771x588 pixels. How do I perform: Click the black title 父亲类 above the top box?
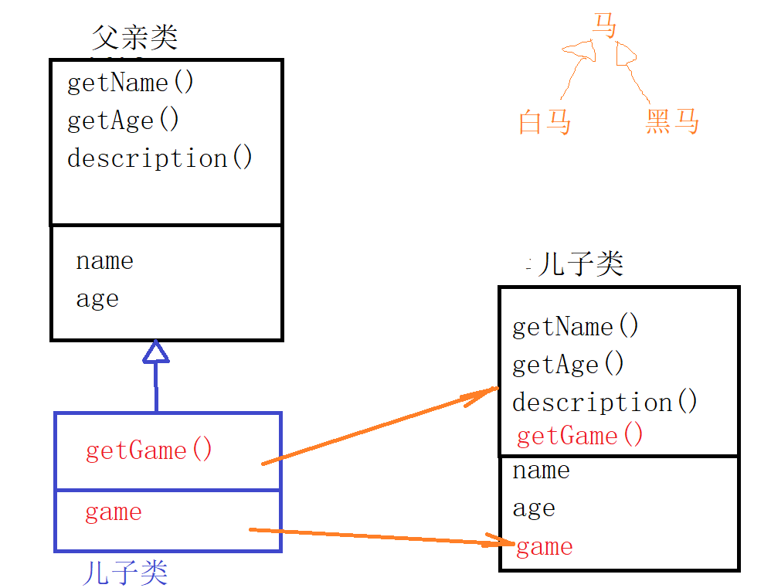pos(134,37)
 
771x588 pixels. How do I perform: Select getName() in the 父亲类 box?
pos(131,83)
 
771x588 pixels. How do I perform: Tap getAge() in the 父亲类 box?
pos(123,121)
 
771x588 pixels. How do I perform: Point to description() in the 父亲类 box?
pos(160,158)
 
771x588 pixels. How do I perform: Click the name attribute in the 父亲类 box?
pos(104,261)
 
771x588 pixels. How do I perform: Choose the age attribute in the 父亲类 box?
pos(97,299)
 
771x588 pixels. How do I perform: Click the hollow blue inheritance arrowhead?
pos(155,352)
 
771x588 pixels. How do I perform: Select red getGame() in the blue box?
pos(148,450)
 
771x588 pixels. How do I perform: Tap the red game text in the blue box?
pos(114,512)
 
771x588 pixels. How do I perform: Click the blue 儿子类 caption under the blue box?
pos(124,573)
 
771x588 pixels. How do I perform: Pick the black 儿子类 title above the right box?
pos(580,264)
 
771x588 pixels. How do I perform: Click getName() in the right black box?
pos(576,327)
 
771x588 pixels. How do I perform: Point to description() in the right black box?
pos(605,403)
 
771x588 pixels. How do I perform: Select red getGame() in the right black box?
pos(579,437)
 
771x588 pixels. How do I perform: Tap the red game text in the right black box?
pos(545,547)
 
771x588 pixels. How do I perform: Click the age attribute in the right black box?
pos(534,508)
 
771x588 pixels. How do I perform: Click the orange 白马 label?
pos(545,122)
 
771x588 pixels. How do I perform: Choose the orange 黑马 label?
pos(672,122)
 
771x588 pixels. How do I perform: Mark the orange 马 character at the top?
pos(605,25)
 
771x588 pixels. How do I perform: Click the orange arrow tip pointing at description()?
pos(494,390)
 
